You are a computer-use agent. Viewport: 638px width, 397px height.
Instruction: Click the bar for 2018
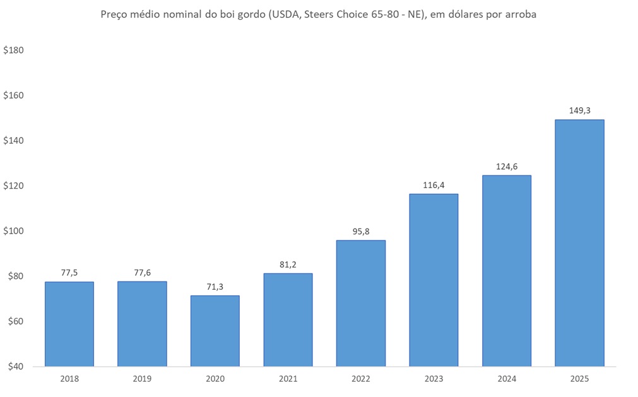coord(69,324)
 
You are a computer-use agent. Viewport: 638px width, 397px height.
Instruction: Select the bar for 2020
coord(215,331)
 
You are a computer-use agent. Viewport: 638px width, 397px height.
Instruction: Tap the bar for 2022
coord(361,303)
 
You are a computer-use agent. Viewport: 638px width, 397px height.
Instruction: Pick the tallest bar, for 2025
coord(579,243)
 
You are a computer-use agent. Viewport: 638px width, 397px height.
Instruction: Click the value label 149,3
coord(579,110)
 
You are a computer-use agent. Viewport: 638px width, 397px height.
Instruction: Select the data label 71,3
coord(215,286)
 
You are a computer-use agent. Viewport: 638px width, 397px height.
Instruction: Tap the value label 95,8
coord(361,231)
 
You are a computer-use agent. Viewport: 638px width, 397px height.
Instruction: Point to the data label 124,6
coord(507,166)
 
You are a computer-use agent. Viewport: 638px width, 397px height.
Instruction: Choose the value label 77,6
coord(143,272)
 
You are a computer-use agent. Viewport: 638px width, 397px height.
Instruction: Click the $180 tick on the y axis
coord(13,50)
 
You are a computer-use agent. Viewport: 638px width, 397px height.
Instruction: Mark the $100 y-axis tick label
coord(13,231)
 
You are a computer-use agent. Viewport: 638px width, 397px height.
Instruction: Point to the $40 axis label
coord(13,367)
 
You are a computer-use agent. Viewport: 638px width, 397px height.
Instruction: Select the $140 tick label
coord(13,141)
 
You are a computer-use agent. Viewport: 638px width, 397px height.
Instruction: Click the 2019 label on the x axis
coord(143,379)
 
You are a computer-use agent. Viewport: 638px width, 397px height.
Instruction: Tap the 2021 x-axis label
coord(288,379)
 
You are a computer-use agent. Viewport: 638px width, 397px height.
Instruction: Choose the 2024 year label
coord(507,379)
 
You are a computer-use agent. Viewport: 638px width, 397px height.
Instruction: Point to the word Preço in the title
coord(115,15)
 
